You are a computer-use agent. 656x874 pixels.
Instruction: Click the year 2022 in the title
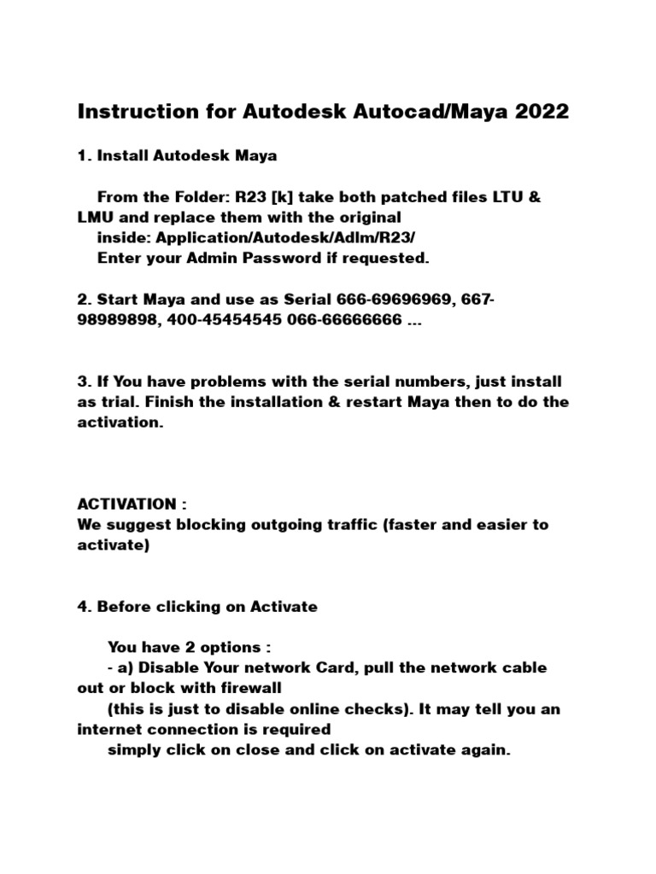coord(540,112)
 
